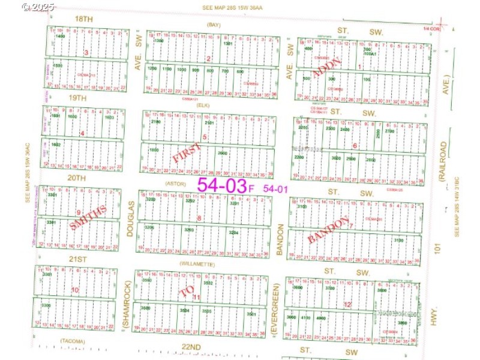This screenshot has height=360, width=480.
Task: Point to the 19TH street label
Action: [x=77, y=97]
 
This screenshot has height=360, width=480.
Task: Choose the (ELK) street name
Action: [x=202, y=104]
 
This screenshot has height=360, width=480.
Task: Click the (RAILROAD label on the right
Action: [x=443, y=161]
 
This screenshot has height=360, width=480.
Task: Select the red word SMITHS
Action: [x=89, y=218]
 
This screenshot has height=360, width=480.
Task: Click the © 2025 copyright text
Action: [x=38, y=7]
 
